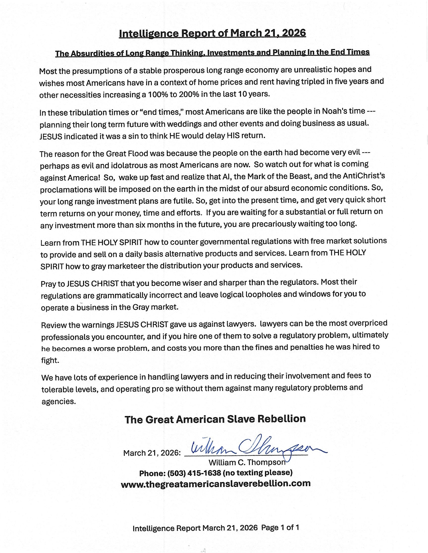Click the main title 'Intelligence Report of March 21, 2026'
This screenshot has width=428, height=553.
tap(212, 33)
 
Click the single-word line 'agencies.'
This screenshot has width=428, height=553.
tap(59, 402)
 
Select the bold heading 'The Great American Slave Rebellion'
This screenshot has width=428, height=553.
tap(215, 419)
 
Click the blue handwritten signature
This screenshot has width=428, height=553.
tap(256, 449)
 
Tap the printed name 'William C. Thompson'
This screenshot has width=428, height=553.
tap(247, 463)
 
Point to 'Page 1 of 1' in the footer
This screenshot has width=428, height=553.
tap(280, 528)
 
